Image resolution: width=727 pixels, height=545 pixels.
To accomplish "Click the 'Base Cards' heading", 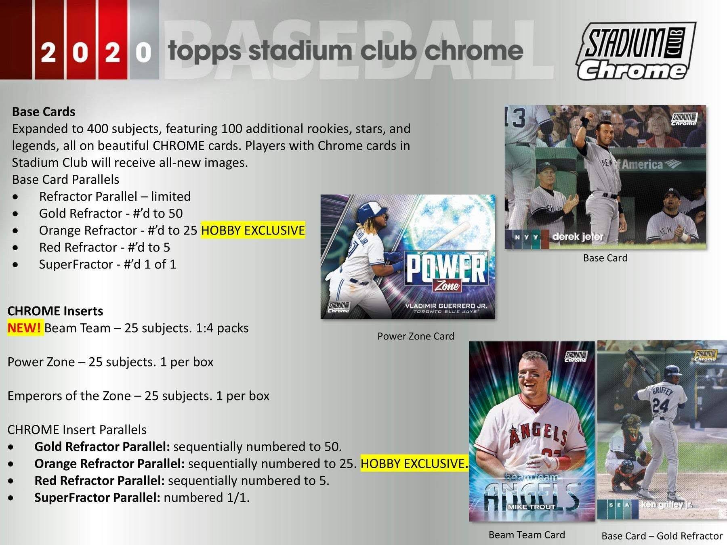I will point(44,111).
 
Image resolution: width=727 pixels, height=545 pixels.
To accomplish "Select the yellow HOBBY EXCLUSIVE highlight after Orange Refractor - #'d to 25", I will point(253,230).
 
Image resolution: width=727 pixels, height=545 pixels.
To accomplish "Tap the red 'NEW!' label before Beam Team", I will point(24,328).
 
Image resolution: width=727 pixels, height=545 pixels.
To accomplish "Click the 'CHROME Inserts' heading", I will point(55,311).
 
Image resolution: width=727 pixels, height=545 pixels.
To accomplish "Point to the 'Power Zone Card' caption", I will point(416,336).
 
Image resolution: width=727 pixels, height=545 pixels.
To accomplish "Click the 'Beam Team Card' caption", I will point(527,535).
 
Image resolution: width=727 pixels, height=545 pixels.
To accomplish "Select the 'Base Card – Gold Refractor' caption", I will point(662,536).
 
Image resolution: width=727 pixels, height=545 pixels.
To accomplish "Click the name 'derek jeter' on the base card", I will point(578,237).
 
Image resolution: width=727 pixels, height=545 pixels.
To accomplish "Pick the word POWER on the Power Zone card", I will point(446,268).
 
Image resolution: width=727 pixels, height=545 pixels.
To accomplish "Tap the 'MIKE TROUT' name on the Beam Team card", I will point(532,507).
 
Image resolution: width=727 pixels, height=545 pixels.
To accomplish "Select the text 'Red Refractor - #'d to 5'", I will point(105,247).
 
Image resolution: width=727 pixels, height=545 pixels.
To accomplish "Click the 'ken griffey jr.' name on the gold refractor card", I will point(666,505).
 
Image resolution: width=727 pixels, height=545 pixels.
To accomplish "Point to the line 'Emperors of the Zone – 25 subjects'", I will point(138,396).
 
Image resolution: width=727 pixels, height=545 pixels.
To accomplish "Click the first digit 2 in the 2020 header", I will point(48,52).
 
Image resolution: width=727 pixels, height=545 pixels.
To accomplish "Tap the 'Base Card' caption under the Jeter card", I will point(605,258).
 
